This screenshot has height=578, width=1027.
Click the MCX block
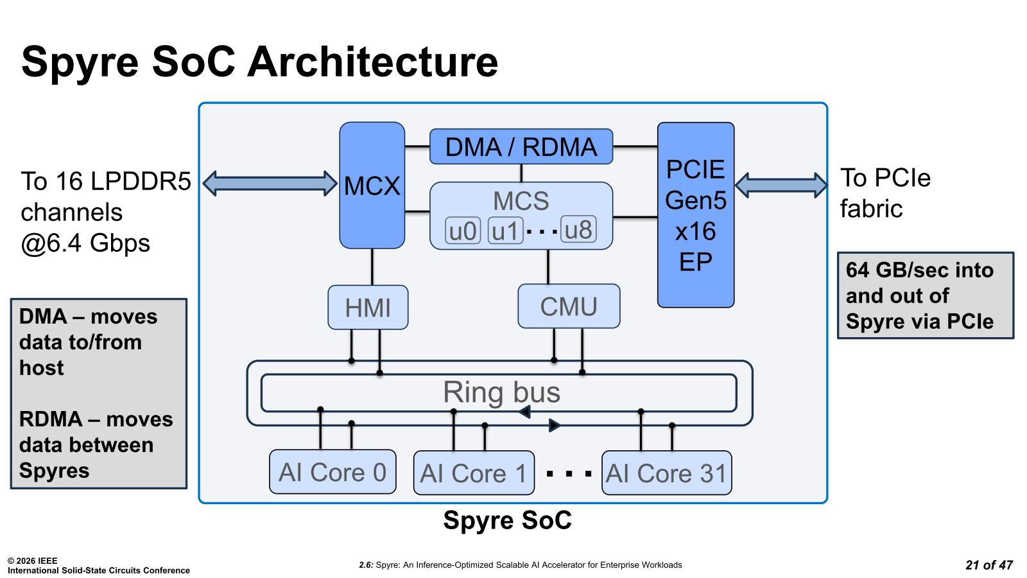[372, 186]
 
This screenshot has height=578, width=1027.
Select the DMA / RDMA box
[521, 147]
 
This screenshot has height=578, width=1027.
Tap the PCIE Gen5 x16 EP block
[695, 215]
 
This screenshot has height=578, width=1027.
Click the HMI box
[368, 308]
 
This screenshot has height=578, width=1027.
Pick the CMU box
[569, 306]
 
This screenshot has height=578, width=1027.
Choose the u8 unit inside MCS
[578, 230]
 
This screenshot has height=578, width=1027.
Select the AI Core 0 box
[332, 473]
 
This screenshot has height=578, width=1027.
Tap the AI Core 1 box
[474, 473]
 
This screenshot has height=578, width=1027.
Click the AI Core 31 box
[666, 473]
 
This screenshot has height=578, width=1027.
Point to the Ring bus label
[501, 392]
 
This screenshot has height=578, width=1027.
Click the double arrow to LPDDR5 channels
[270, 183]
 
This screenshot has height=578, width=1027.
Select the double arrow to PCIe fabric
[781, 185]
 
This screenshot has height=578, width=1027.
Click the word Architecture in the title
[372, 62]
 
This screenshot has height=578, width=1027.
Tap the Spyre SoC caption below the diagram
[507, 520]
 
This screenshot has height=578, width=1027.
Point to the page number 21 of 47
[988, 565]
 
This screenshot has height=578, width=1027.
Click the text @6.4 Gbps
[85, 243]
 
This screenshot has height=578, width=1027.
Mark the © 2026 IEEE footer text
[32, 561]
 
